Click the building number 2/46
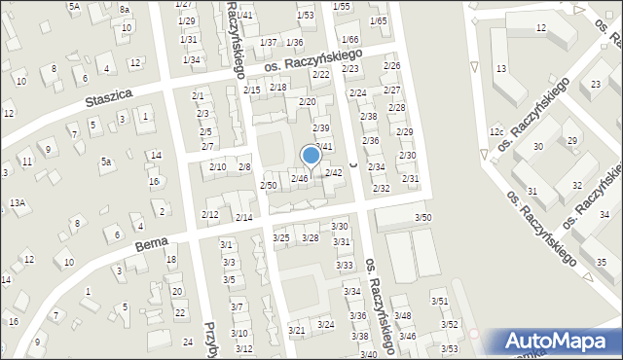300,178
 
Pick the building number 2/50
269,185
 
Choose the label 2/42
333,172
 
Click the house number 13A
17,202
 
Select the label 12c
496,131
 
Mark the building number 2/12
209,214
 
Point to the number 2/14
244,217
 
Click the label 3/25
281,238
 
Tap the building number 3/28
311,238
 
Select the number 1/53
306,16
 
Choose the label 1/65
378,20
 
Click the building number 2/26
391,66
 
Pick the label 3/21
296,331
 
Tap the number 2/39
320,128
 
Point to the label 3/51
440,303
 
